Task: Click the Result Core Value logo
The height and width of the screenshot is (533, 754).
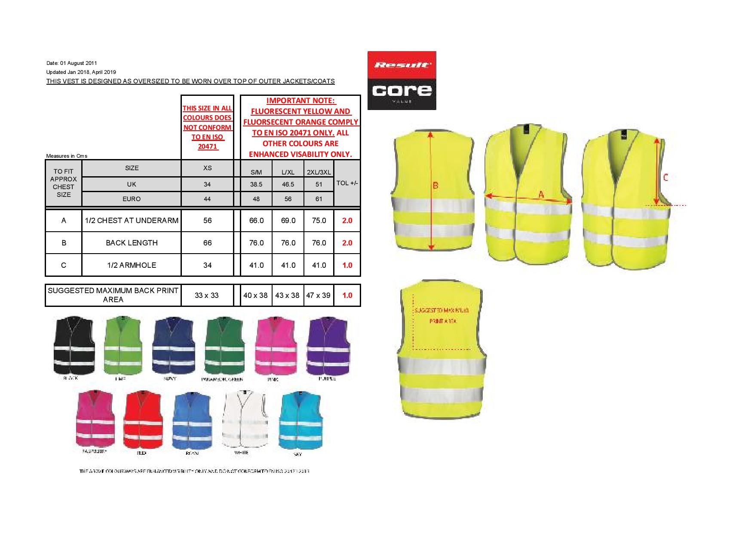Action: coord(402,80)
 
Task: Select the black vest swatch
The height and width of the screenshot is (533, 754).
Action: coord(73,346)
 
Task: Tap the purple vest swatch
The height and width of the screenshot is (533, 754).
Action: coord(328,346)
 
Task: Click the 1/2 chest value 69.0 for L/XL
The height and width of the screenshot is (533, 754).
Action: coord(288,221)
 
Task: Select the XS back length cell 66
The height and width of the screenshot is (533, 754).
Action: coord(207,243)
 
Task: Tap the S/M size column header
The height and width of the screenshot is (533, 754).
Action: coord(256,172)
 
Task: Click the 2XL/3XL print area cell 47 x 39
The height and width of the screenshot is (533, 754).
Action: coord(319,295)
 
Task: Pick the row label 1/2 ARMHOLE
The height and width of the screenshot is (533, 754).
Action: coord(131,265)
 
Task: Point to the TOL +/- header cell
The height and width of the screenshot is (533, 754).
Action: coord(347,183)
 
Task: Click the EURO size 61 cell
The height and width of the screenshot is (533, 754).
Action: coord(319,199)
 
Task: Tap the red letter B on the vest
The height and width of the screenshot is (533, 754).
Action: coord(435,186)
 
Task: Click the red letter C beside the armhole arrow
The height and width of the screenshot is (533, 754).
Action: coord(665,177)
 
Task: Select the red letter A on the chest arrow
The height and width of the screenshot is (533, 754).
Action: coord(541,195)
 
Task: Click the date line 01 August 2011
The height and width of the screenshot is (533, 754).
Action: coord(75,63)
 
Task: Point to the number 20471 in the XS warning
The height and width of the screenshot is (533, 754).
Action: coord(207,147)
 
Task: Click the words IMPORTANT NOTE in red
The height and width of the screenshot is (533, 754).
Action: coord(300,101)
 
